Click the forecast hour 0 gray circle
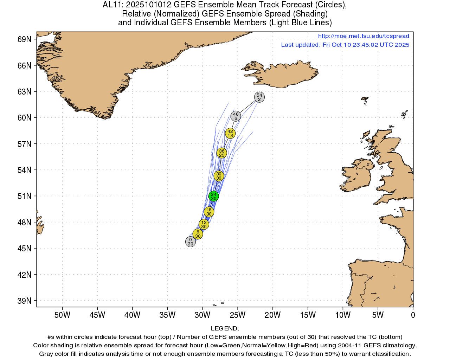[x=190, y=242]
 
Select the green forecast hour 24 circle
[x=213, y=196]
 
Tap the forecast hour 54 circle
[x=259, y=97]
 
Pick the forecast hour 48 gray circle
[x=236, y=116]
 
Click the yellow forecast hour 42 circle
[x=230, y=133]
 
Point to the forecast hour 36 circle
[x=221, y=153]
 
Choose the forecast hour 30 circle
[x=219, y=176]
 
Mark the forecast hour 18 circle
[x=209, y=212]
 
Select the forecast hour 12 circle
[x=204, y=224]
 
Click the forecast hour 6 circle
[x=198, y=234]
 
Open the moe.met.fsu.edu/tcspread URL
[x=364, y=36]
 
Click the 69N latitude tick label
[x=24, y=39]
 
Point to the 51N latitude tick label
[x=24, y=196]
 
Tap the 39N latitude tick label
[x=24, y=301]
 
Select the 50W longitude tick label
[x=62, y=315]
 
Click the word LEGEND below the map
[x=225, y=328]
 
